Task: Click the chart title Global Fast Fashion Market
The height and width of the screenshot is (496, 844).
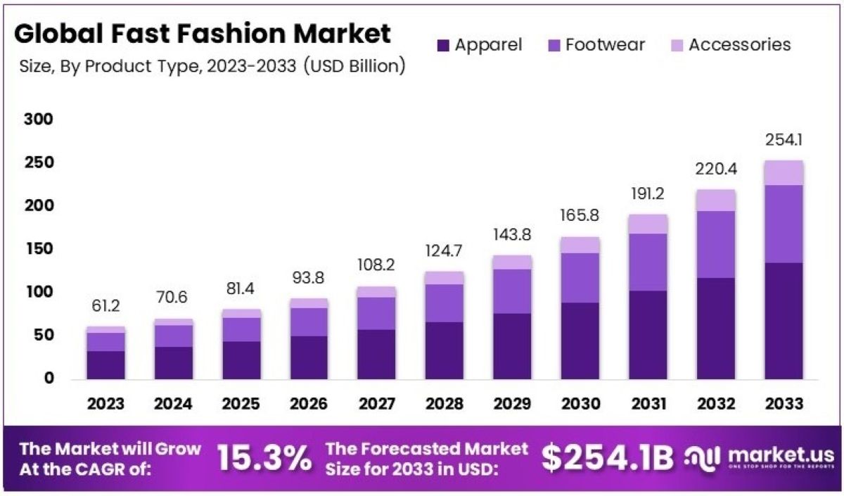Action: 203,33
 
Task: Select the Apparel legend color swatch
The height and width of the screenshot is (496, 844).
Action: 442,46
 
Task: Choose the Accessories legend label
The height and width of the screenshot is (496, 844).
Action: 739,45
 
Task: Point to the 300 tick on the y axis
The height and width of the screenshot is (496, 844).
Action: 39,120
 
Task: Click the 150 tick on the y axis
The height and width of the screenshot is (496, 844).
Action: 39,249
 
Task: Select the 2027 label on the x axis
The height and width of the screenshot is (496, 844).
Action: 377,405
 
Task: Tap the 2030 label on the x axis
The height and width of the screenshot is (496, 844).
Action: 581,405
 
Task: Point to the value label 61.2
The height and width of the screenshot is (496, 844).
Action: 106,307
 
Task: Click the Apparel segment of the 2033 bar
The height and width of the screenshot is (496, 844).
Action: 784,321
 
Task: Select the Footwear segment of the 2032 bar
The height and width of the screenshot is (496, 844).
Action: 716,244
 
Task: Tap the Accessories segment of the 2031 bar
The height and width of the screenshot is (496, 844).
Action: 648,224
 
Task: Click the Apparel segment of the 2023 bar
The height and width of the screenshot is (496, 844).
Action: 106,364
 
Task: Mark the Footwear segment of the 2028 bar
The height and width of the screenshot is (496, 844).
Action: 445,303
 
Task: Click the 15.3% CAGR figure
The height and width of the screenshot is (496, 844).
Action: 264,459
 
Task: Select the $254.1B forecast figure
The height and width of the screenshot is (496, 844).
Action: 608,458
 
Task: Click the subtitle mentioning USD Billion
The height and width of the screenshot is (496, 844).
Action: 211,67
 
